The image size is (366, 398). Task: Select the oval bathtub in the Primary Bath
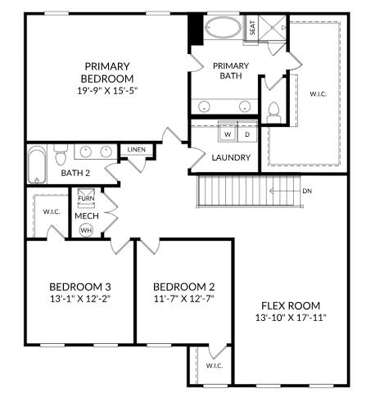(x=223, y=29)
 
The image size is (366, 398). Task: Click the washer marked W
(x=228, y=133)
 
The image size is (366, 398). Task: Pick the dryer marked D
(x=247, y=133)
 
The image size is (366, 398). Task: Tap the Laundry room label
(x=231, y=157)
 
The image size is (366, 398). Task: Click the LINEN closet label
(x=136, y=150)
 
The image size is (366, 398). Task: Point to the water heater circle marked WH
(x=86, y=230)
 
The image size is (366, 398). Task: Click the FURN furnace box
(x=86, y=198)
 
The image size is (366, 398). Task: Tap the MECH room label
(x=86, y=215)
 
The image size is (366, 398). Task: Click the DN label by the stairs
(x=307, y=191)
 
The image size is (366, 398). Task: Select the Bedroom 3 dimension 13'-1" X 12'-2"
(x=80, y=299)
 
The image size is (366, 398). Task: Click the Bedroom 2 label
(x=184, y=287)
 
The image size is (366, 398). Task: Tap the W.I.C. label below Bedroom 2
(x=214, y=365)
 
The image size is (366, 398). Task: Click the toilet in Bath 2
(x=60, y=154)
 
